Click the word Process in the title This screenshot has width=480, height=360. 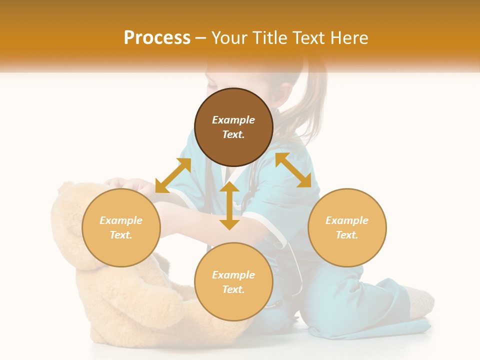click(157, 38)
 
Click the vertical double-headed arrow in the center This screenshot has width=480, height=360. click(229, 205)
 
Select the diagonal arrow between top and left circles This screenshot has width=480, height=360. click(173, 175)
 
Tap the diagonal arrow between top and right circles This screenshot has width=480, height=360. click(293, 170)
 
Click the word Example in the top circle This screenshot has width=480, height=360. click(233, 120)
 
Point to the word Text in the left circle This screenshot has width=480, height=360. click(121, 235)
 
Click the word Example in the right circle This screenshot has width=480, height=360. click(347, 220)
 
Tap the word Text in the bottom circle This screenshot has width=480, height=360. click(233, 289)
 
